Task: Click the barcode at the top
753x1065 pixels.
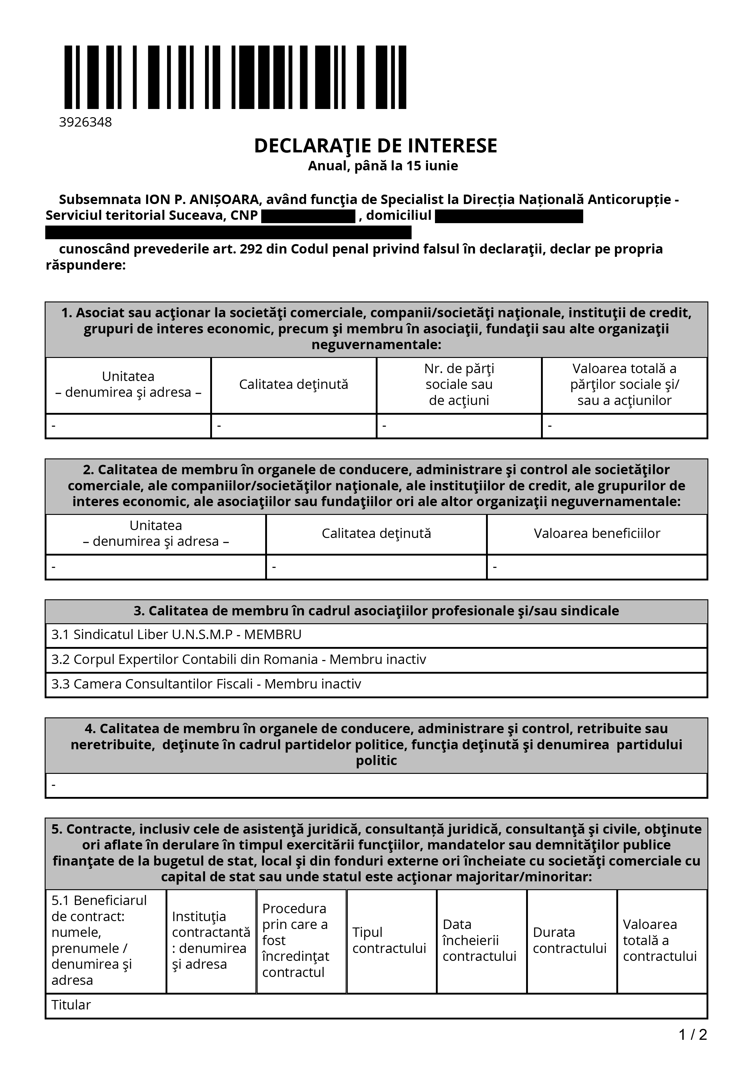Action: point(235,77)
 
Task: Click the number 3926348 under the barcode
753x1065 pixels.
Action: point(85,122)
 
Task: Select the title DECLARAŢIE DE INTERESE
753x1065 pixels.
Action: point(375,146)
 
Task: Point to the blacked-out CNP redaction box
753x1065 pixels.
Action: point(308,216)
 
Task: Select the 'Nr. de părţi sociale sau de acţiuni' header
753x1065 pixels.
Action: point(459,385)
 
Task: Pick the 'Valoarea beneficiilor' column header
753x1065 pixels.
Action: point(597,533)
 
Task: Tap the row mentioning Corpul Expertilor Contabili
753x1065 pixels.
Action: point(238,660)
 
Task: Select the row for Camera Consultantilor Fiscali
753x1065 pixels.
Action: point(206,684)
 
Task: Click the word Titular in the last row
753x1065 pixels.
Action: point(71,1005)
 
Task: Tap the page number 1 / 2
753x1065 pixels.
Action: point(693,1035)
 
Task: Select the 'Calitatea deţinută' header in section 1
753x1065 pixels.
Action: point(294,385)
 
